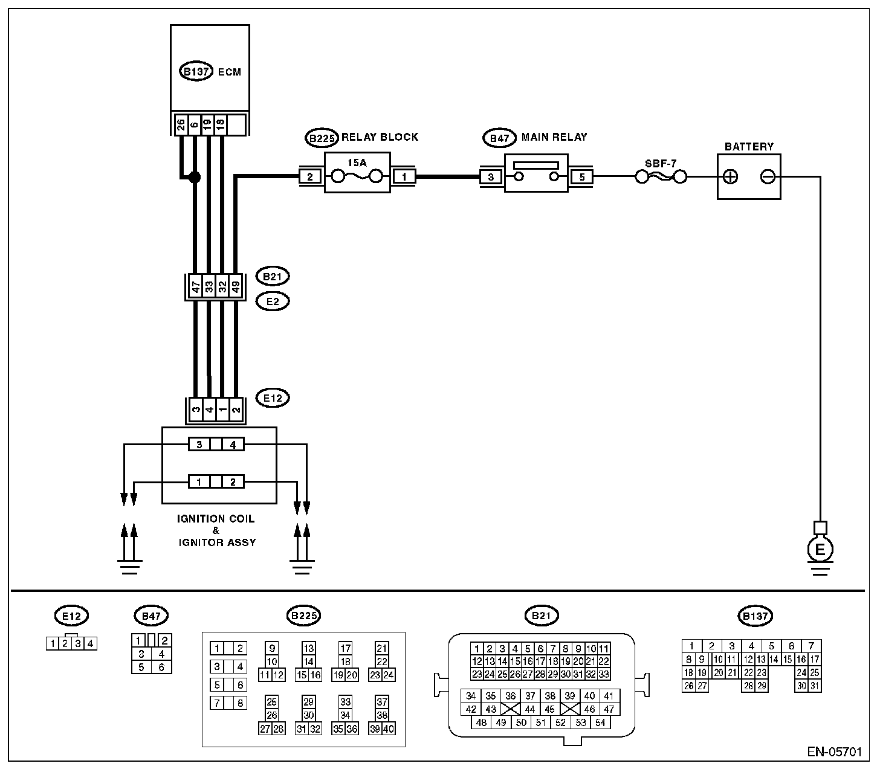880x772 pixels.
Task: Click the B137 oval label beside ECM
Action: tap(196, 71)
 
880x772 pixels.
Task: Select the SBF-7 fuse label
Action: tap(661, 163)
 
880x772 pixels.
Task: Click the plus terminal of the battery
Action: tap(731, 177)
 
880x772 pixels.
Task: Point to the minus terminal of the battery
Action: tap(768, 177)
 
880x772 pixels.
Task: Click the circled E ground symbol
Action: tap(820, 549)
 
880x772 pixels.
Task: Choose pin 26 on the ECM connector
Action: tap(181, 125)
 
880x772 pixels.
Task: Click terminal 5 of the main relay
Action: tap(582, 177)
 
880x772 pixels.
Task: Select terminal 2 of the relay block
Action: tap(309, 177)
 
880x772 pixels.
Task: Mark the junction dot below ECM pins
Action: tap(195, 177)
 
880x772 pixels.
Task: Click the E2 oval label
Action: tap(273, 300)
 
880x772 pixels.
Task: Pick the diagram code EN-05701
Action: tap(834, 752)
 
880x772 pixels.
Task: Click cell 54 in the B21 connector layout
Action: tap(600, 722)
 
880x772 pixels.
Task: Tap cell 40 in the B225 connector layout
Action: tap(389, 729)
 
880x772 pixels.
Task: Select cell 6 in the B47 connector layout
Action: tap(161, 667)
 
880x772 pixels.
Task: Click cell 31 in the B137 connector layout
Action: tap(814, 686)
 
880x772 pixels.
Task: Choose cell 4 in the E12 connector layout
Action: tap(90, 643)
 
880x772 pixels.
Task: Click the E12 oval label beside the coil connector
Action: tap(273, 398)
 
